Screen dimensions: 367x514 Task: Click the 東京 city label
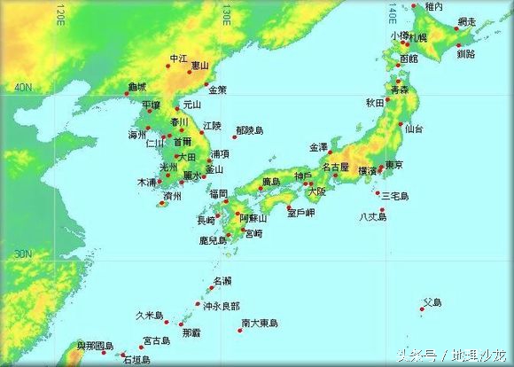[394, 166]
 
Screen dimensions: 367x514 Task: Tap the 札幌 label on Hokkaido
[417, 37]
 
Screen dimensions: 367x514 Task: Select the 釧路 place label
[464, 54]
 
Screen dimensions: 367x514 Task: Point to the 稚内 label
[433, 7]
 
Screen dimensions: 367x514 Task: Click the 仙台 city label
[413, 129]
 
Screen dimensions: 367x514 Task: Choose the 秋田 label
[375, 103]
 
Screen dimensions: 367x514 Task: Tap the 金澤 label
[318, 147]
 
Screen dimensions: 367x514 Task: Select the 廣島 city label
[271, 183]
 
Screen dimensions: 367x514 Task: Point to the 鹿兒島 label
[213, 240]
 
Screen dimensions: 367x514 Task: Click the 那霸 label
[191, 334]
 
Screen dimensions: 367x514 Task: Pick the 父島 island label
[432, 302]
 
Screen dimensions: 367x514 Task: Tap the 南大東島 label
[259, 324]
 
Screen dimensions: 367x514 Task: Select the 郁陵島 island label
[249, 129]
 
